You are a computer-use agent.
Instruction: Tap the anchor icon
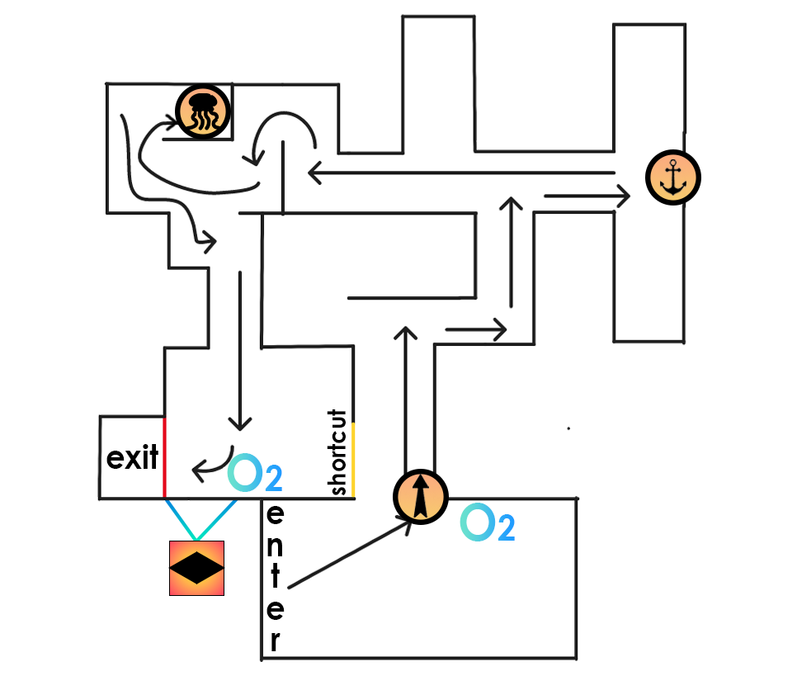click(x=673, y=177)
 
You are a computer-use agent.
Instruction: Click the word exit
click(x=132, y=458)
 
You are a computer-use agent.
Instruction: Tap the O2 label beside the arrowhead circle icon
click(x=487, y=524)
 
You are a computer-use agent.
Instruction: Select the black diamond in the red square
click(x=196, y=569)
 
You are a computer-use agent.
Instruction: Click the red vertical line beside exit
click(x=164, y=458)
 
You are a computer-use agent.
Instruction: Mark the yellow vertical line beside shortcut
click(x=353, y=459)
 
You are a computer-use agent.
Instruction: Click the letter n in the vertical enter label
click(x=276, y=546)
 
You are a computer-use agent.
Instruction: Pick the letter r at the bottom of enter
click(x=275, y=640)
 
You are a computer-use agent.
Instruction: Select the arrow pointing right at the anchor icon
click(x=586, y=196)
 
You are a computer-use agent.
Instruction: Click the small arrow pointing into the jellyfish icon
click(x=161, y=125)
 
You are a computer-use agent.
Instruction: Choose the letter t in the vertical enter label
click(x=276, y=577)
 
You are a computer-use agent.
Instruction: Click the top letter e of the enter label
click(x=276, y=514)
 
